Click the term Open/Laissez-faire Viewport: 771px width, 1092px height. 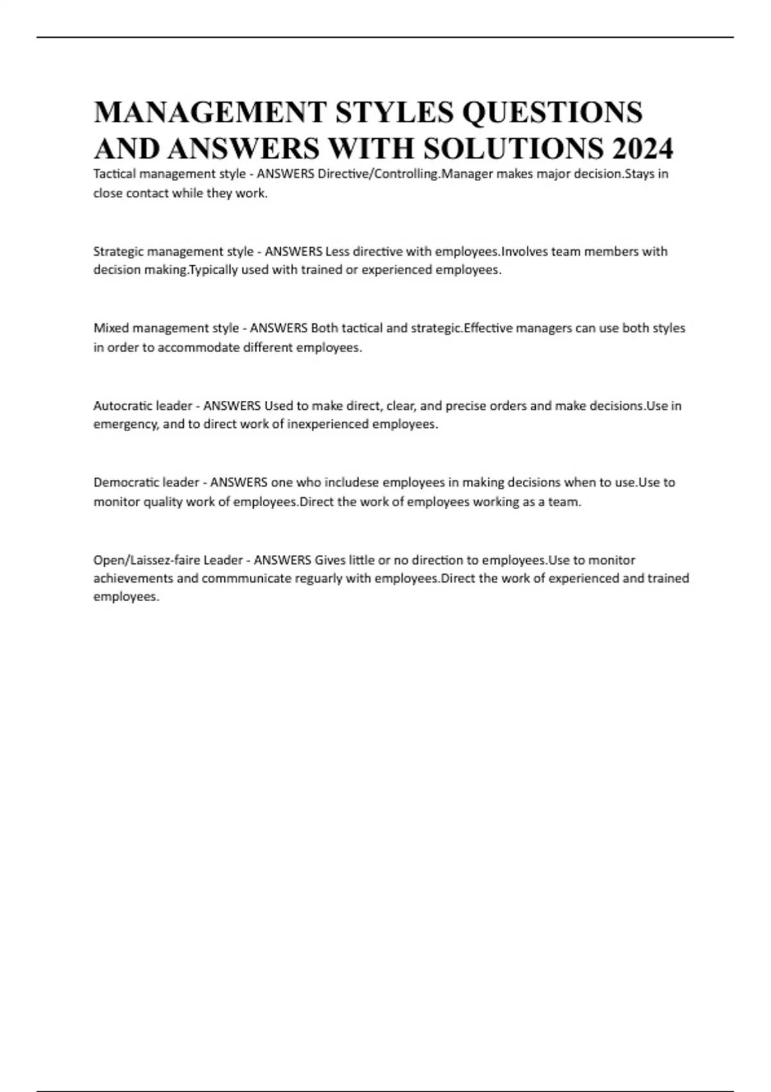(x=146, y=560)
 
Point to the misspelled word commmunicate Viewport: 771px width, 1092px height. (x=247, y=579)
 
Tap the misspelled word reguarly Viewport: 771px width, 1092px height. (x=319, y=579)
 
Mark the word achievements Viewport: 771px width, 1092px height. (x=133, y=579)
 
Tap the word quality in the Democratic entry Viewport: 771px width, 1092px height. (x=163, y=502)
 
